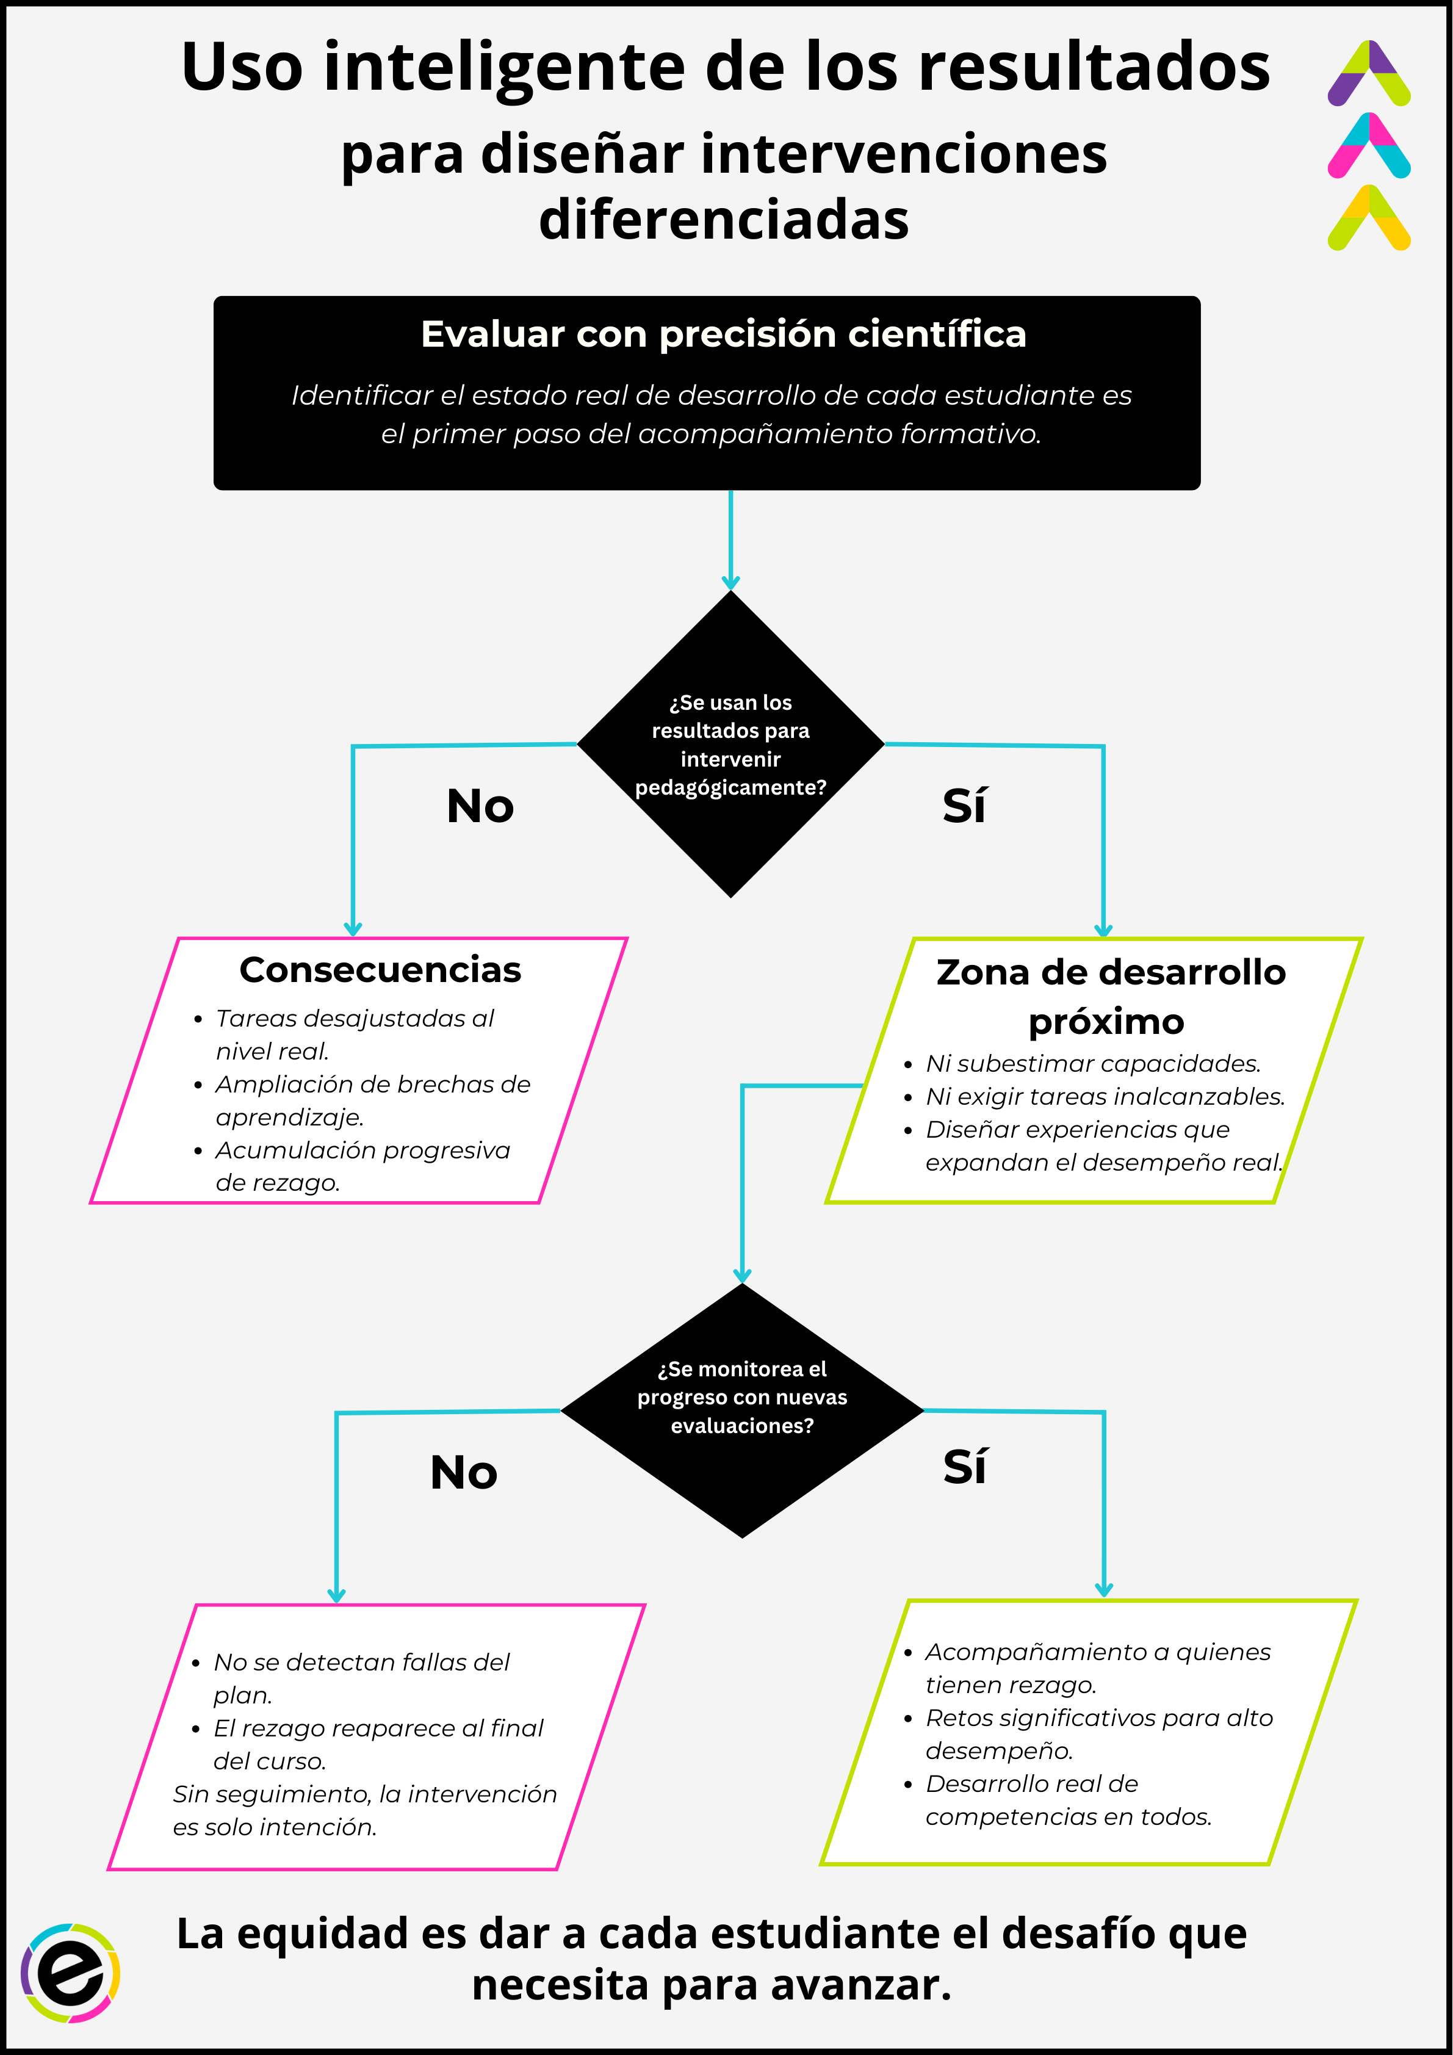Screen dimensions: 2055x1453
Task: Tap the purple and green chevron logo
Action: [1368, 73]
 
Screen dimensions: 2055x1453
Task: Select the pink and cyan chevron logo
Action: [1368, 146]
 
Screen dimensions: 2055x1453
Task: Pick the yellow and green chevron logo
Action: [1368, 219]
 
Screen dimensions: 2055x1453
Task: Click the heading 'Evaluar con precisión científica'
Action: [723, 334]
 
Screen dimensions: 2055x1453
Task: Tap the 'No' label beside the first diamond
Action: [480, 806]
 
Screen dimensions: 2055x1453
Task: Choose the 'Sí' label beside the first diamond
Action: [964, 806]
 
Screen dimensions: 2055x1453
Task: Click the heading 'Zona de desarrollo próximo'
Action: [1109, 996]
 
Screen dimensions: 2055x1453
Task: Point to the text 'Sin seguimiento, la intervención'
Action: [364, 1794]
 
